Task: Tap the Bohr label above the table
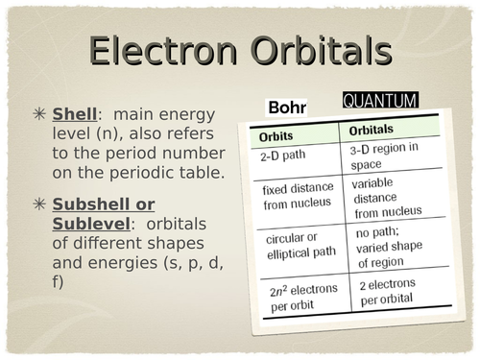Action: (x=287, y=108)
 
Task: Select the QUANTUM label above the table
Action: (x=380, y=100)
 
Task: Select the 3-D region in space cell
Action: (x=383, y=155)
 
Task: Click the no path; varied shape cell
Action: (x=393, y=245)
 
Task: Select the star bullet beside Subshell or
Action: (x=39, y=204)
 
